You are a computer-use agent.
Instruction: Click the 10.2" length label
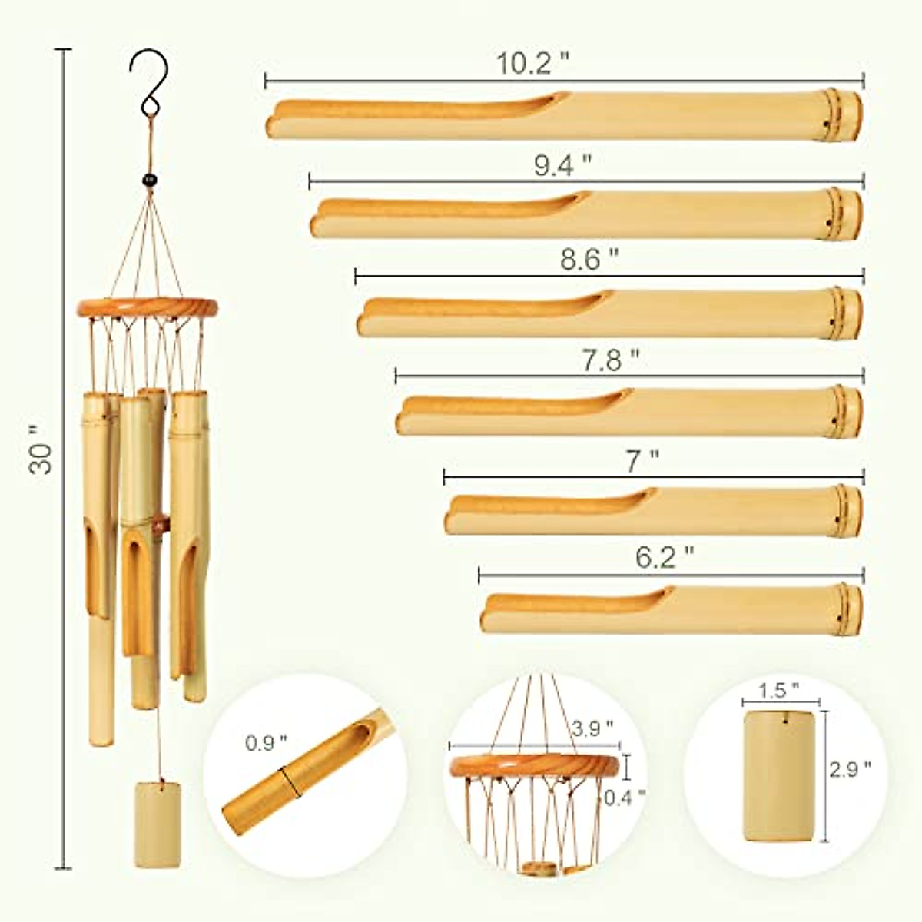[x=533, y=63]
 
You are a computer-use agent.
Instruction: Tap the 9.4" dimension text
[x=563, y=165]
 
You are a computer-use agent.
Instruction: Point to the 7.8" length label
[x=610, y=359]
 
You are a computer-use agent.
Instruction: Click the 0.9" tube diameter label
[x=266, y=743]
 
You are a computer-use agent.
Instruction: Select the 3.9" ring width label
[x=593, y=727]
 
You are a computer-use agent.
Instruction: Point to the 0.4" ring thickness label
[x=625, y=798]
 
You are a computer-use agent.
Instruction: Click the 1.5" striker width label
[x=781, y=691]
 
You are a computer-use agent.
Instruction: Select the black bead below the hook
[x=149, y=180]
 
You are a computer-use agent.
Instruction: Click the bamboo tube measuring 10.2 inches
[x=564, y=117]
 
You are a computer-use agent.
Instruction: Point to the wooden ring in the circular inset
[x=535, y=765]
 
